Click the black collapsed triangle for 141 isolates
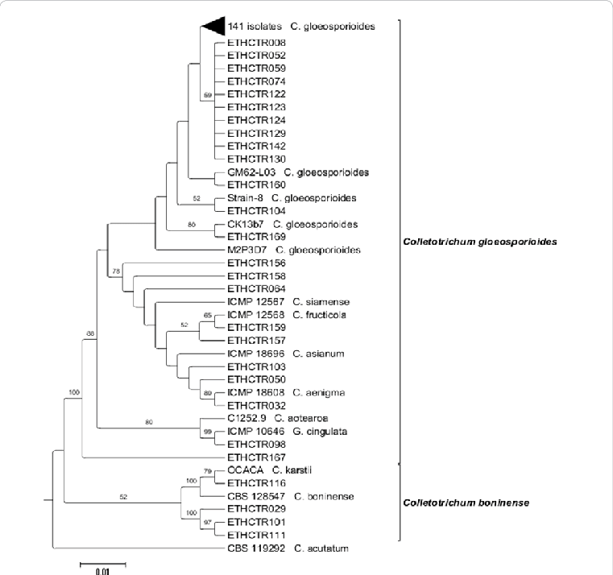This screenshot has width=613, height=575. pyautogui.click(x=212, y=27)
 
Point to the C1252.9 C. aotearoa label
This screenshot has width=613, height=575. pyautogui.click(x=277, y=418)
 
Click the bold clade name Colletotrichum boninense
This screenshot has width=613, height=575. pyautogui.click(x=465, y=503)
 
